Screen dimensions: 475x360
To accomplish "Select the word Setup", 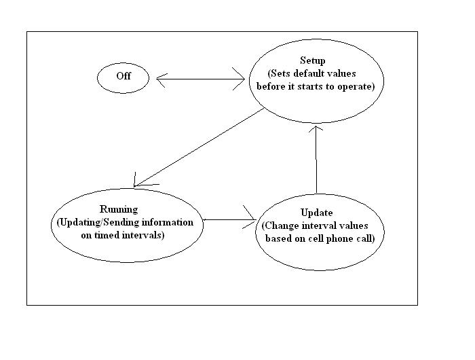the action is point(313,60).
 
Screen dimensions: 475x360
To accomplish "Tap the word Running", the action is point(119,209).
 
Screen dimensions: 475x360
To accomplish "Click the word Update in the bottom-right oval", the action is point(317,213).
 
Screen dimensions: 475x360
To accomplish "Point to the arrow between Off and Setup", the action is point(201,79).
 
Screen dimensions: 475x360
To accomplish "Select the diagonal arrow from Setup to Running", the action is point(199,147).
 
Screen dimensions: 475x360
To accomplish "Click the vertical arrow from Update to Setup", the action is point(316,160).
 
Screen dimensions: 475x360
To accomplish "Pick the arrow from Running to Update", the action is point(229,219).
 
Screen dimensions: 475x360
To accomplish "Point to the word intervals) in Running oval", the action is point(143,235).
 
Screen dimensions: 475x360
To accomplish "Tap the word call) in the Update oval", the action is point(366,238).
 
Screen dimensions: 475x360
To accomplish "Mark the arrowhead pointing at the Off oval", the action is point(161,80).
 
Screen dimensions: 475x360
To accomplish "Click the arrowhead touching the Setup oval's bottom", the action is point(316,128).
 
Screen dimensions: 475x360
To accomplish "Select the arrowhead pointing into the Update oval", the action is point(250,217).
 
